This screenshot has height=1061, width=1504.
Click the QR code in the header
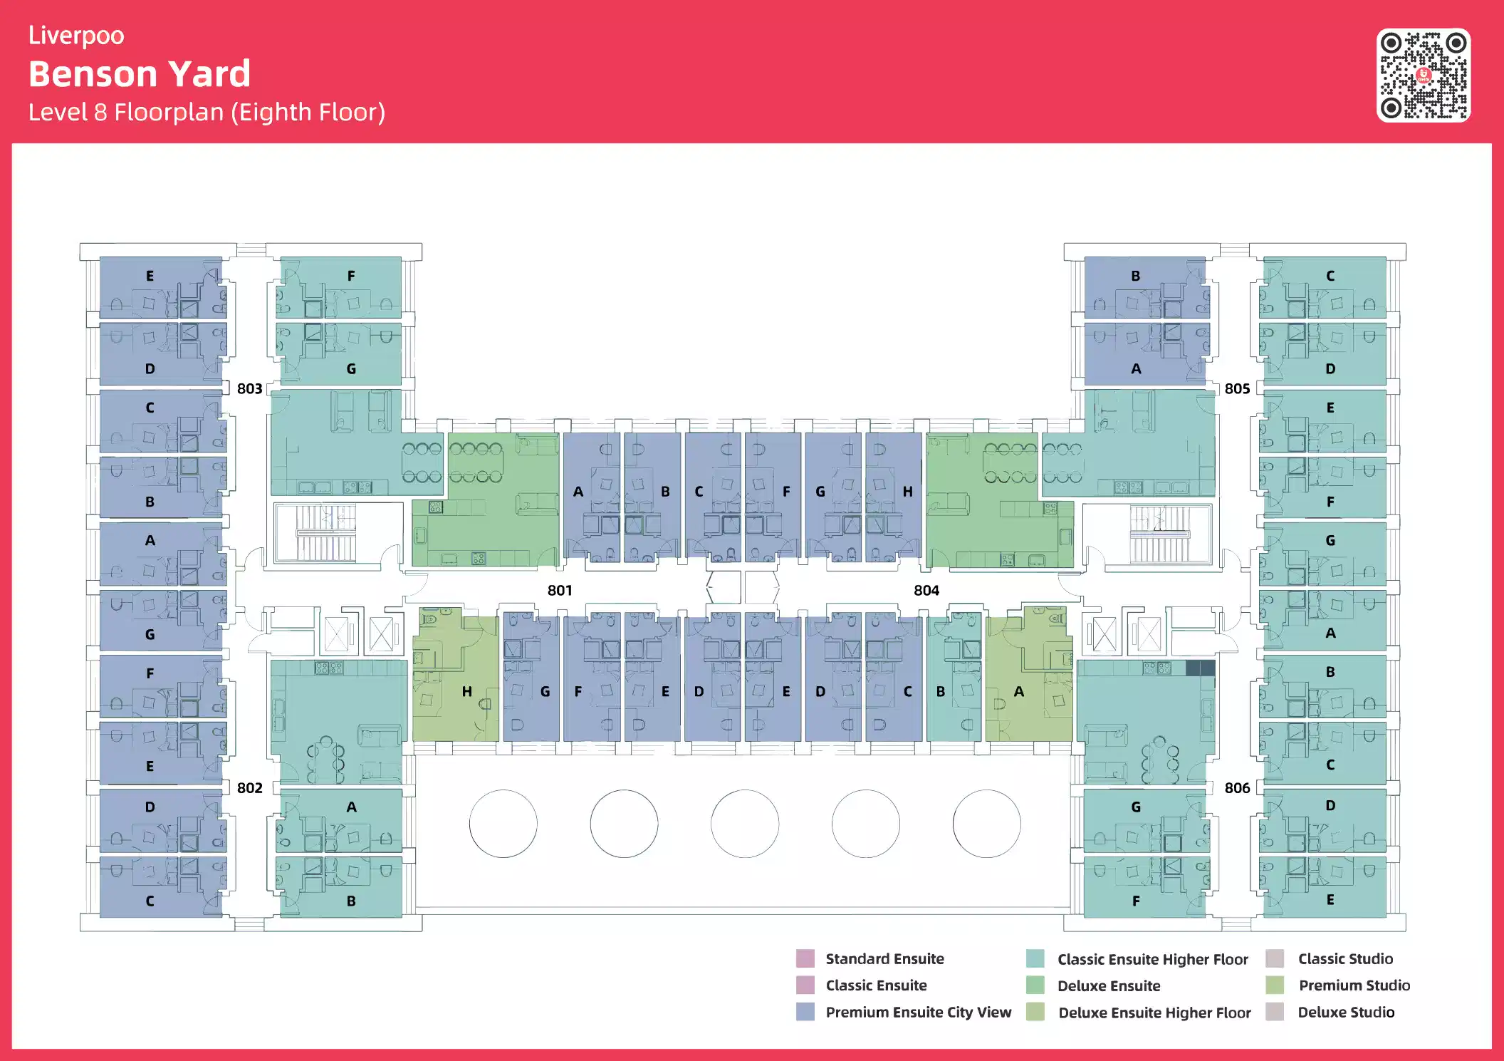click(x=1423, y=76)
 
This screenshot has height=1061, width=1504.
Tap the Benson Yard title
click(x=140, y=74)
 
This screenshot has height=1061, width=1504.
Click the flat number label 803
click(x=249, y=388)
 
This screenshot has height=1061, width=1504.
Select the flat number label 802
click(x=249, y=787)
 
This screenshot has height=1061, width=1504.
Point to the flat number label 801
click(x=560, y=590)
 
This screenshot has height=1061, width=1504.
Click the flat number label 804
click(x=926, y=590)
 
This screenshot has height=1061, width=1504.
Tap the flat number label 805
click(x=1237, y=388)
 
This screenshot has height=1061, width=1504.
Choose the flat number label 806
click(x=1237, y=787)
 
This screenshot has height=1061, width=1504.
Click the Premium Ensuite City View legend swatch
click(x=805, y=1012)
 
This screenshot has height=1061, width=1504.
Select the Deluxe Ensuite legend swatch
click(x=1035, y=985)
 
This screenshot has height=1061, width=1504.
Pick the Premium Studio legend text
click(x=1354, y=985)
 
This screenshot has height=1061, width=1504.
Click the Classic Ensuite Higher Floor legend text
click(x=1152, y=959)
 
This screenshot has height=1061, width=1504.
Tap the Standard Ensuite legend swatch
click(x=805, y=958)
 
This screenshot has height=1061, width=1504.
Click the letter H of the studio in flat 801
click(x=466, y=691)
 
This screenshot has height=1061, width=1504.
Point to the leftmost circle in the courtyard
click(x=503, y=824)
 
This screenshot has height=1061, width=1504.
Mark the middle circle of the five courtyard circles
click(x=745, y=824)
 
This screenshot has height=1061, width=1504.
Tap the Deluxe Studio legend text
click(x=1346, y=1012)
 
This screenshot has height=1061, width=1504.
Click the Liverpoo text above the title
click(x=76, y=36)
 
